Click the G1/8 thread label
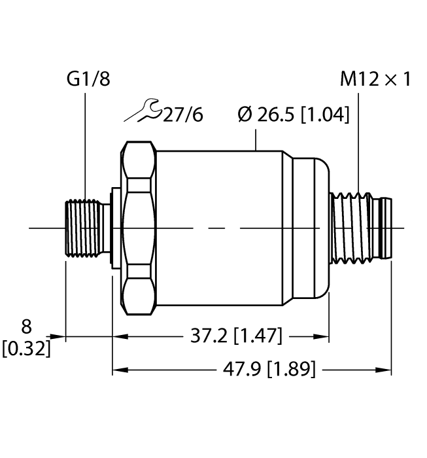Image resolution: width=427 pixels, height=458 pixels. tap(88, 80)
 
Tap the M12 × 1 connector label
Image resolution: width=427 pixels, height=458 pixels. tap(375, 80)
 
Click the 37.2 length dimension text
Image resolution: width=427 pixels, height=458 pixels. tap(205, 337)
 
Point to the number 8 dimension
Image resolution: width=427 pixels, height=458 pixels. tap(26, 326)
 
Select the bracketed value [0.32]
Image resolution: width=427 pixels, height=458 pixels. tap(26, 348)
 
